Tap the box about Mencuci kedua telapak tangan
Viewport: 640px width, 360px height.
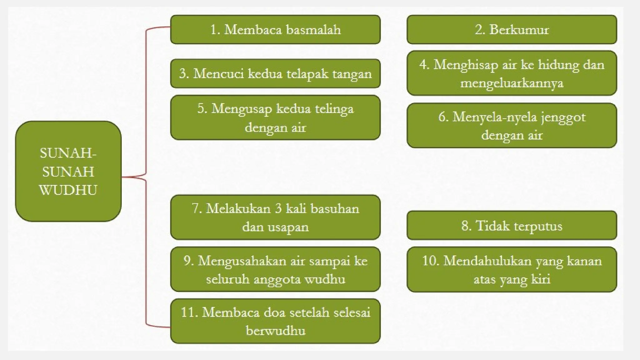click(x=275, y=74)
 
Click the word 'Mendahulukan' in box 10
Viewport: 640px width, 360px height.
click(x=487, y=261)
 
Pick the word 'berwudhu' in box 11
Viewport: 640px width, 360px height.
click(x=275, y=331)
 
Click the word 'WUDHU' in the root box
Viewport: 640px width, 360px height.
click(x=68, y=190)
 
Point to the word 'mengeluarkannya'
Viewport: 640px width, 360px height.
click(x=512, y=83)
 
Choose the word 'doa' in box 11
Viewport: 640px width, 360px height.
click(x=275, y=312)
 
